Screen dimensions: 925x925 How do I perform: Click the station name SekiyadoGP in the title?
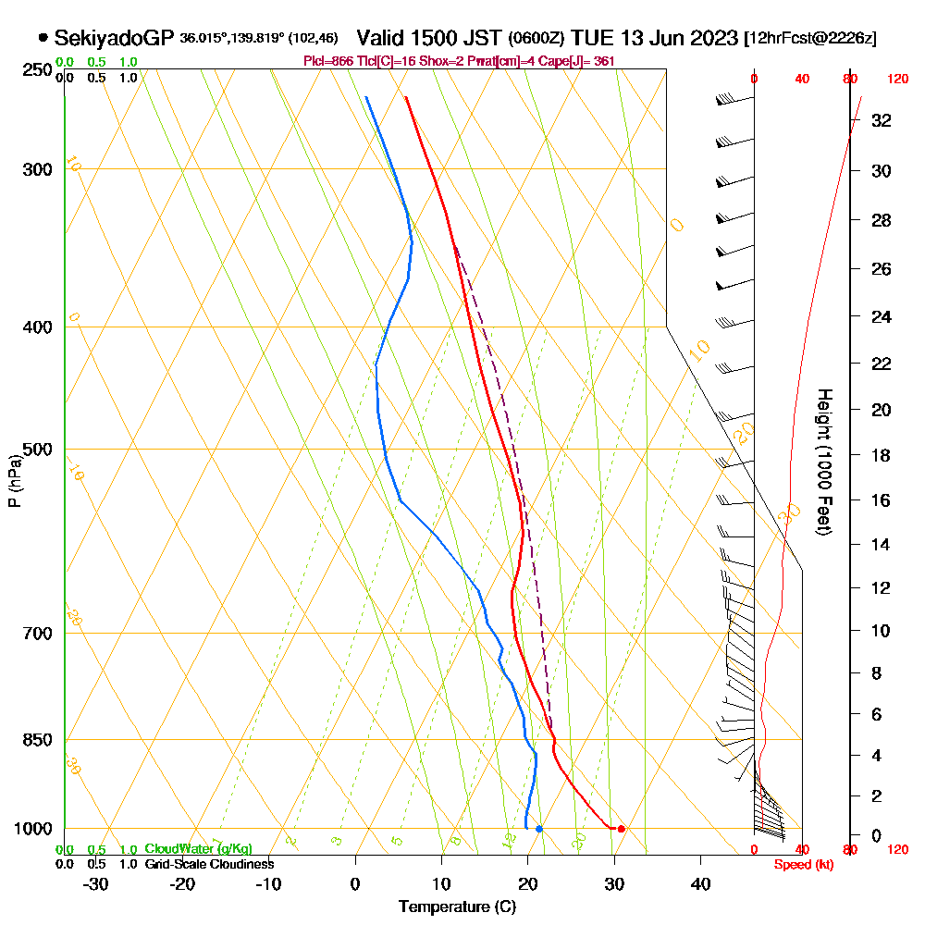pos(114,38)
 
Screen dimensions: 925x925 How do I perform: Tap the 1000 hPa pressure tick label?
pos(33,829)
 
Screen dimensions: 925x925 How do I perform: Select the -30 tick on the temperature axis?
pos(96,884)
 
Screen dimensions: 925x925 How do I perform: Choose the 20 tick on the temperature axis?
pos(528,884)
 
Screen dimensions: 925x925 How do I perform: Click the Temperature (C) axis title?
pos(457,907)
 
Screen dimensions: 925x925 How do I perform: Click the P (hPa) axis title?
pos(14,481)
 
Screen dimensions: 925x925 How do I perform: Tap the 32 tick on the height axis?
pos(881,119)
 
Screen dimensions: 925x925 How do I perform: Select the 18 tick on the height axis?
pos(881,455)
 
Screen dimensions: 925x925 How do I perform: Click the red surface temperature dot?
pos(622,829)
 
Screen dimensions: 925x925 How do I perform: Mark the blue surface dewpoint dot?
pos(539,829)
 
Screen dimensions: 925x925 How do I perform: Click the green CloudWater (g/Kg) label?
pos(198,849)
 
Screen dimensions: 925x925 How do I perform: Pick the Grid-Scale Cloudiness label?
pos(209,864)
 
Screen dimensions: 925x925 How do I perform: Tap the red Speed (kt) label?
pos(802,865)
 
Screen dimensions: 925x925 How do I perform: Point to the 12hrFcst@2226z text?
pos(810,38)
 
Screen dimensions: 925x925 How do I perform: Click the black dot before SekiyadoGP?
pos(43,38)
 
